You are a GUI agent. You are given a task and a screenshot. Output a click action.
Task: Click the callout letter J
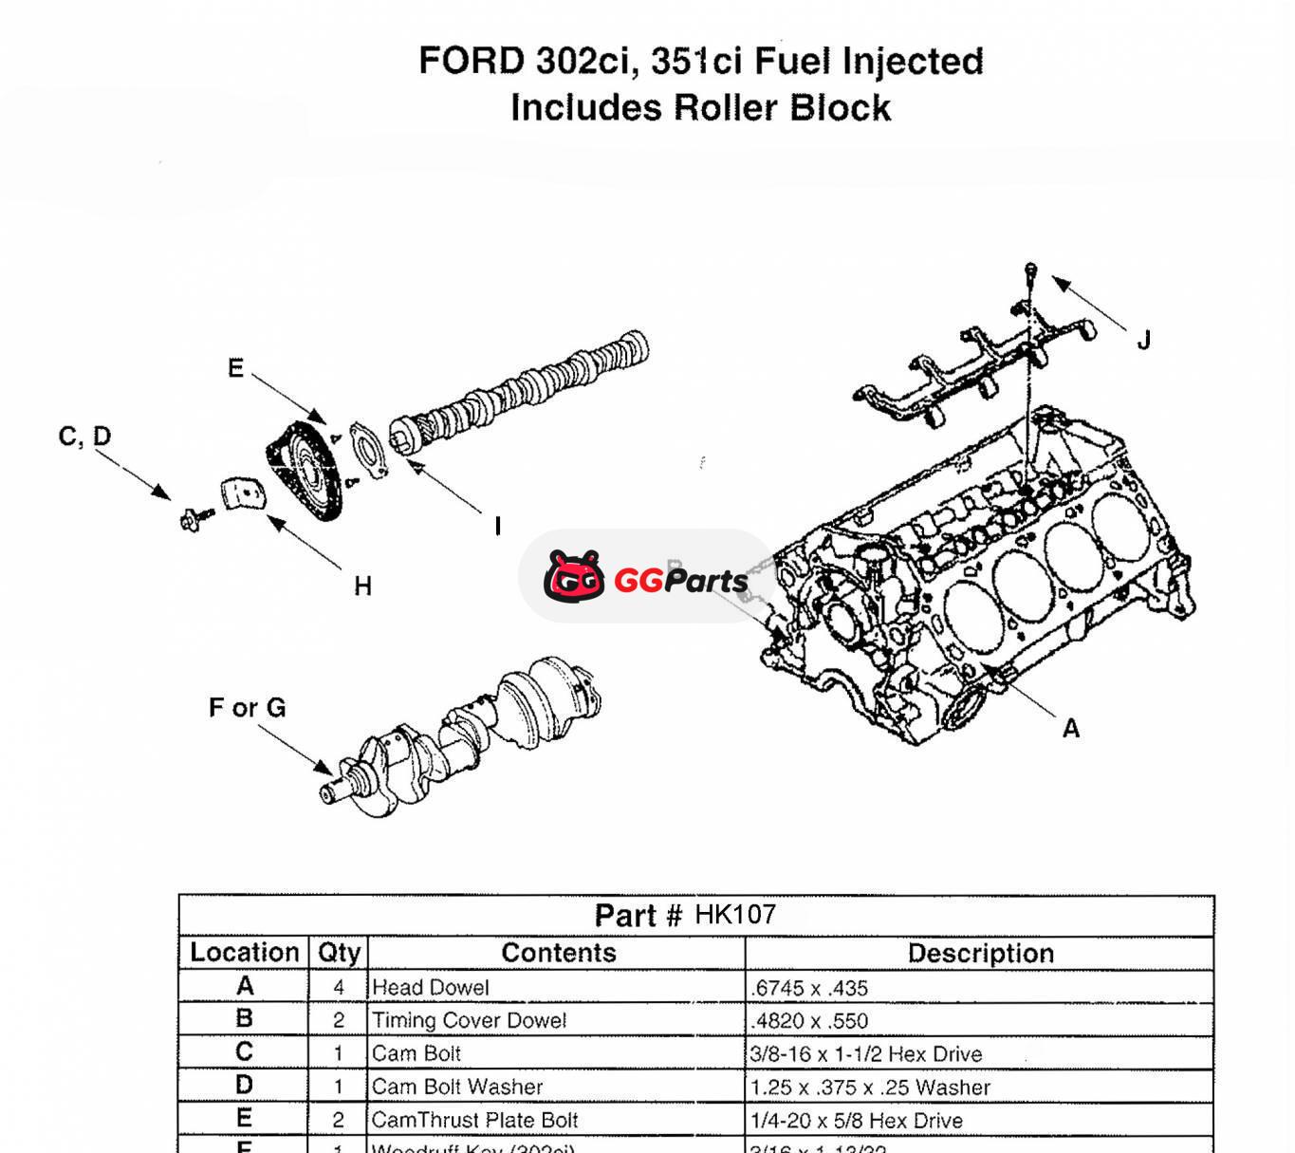tap(1144, 340)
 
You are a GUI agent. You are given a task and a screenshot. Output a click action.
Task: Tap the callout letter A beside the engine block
tap(1071, 728)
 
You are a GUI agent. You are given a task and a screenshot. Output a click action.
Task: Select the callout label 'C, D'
tap(85, 437)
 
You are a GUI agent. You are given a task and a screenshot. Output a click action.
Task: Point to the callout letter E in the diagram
tap(236, 368)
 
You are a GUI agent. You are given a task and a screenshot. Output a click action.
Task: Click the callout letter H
tap(362, 586)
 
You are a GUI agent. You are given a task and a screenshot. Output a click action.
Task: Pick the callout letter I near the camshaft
tap(497, 526)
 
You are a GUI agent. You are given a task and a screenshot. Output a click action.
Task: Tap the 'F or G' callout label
tap(247, 708)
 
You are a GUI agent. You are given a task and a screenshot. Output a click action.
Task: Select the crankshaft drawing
tap(465, 735)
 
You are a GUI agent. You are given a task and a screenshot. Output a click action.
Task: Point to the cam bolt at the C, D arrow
tap(194, 517)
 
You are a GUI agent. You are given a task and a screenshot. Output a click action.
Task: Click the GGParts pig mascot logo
tap(574, 576)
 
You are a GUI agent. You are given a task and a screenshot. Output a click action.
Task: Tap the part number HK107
tap(735, 915)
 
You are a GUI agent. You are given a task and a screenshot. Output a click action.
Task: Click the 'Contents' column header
tap(558, 953)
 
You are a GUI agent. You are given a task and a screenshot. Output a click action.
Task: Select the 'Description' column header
tap(980, 953)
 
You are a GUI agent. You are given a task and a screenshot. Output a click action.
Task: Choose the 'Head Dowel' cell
tap(431, 987)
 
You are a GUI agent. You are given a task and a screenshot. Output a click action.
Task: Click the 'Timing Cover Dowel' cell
tap(469, 1020)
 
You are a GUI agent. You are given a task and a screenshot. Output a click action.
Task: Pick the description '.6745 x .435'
tap(809, 988)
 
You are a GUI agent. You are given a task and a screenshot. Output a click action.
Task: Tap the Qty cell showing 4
tap(339, 987)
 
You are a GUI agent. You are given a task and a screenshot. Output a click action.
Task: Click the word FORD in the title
tap(472, 62)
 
